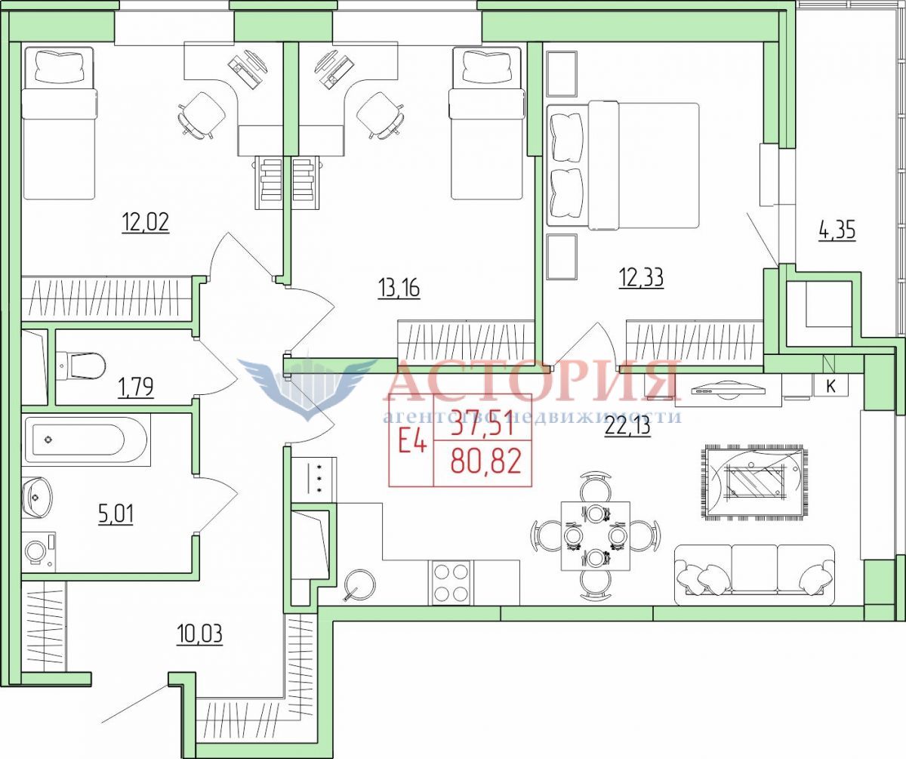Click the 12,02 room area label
point(146,222)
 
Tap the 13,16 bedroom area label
point(399,287)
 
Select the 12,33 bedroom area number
point(642,278)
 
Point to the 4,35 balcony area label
point(837,230)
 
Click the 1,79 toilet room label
point(136,387)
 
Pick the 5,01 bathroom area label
point(116,514)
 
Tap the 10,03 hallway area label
point(199,634)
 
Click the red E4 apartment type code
point(412,443)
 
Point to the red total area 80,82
point(486,461)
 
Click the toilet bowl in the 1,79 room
point(81,365)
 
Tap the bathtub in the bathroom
point(88,440)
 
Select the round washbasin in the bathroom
point(36,498)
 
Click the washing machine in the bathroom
point(39,551)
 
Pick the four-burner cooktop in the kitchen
point(451,582)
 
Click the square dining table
point(596,536)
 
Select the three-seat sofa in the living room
point(754,575)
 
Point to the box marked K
point(830,386)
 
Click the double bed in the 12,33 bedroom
point(623,165)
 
